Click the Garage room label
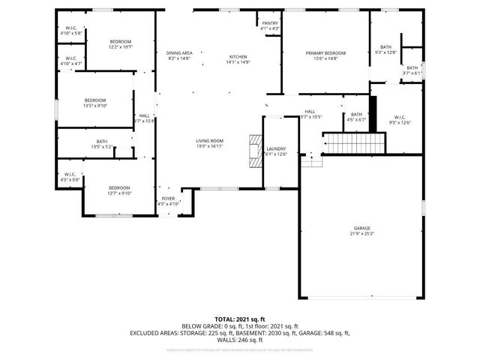(362, 228)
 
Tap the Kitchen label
(238, 57)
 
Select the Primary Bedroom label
(325, 53)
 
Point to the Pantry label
(270, 23)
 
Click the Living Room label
(210, 141)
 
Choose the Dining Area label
(179, 53)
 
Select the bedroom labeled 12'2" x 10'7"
(121, 41)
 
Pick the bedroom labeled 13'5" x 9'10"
(95, 100)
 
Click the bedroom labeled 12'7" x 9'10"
(120, 187)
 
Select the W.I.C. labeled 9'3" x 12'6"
(400, 117)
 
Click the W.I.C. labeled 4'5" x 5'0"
(70, 175)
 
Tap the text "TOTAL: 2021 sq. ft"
(240, 319)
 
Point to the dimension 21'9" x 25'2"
(362, 233)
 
